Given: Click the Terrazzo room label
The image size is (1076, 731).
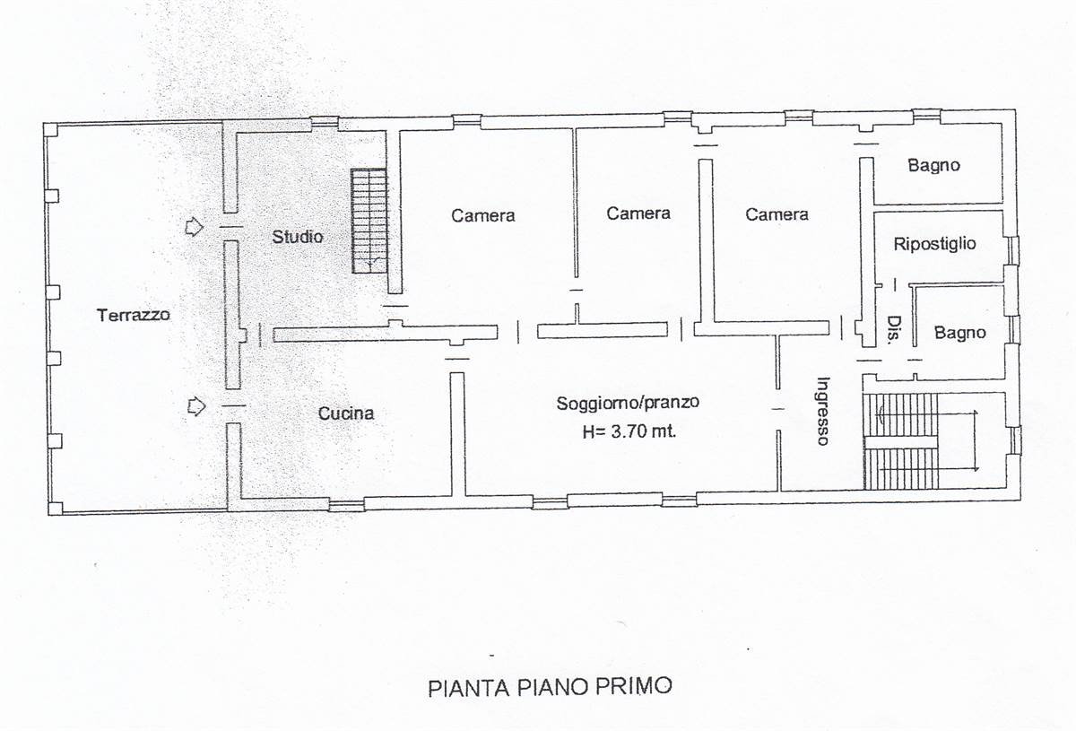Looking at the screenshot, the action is [134, 315].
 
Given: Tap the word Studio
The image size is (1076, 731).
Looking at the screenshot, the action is [298, 237].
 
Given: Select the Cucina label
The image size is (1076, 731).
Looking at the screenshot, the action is [346, 413].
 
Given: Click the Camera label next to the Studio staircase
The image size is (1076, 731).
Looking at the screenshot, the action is [482, 215].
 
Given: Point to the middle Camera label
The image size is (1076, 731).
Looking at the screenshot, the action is [638, 213].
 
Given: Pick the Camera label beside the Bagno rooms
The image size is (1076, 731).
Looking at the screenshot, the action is [777, 214].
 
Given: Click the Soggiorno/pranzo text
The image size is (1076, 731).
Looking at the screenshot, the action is [628, 403].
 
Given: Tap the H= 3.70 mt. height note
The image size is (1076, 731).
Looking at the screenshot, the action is [629, 431].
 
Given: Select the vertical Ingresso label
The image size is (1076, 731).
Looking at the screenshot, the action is [823, 411].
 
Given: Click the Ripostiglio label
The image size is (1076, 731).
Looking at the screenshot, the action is [934, 244].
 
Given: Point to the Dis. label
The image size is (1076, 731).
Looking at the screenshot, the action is [893, 330].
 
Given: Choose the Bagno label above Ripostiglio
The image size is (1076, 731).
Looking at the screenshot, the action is [933, 166].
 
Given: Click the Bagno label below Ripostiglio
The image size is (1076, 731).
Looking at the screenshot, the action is [959, 333].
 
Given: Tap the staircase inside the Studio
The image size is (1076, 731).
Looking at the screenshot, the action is [369, 221].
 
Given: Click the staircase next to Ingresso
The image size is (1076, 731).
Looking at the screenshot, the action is [901, 441].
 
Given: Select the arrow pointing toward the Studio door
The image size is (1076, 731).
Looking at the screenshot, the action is [194, 226].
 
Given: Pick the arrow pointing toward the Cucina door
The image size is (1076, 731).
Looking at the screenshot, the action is [196, 406].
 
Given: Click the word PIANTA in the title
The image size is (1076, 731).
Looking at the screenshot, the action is [468, 688].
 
